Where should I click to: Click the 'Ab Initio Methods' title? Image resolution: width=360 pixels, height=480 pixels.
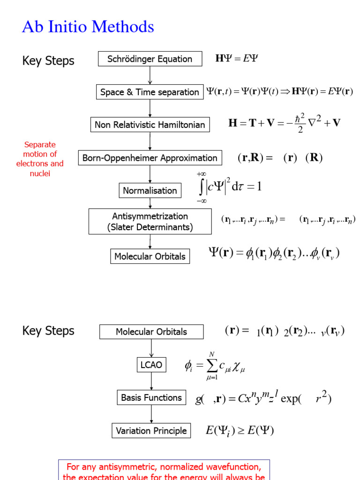88,27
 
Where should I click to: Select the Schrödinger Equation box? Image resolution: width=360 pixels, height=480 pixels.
150,59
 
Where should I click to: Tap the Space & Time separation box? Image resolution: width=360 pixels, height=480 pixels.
150,92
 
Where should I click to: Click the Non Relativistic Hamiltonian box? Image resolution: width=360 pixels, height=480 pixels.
150,125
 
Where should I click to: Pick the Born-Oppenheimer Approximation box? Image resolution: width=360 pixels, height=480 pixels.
150,158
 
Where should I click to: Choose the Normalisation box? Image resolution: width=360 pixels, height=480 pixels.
150,191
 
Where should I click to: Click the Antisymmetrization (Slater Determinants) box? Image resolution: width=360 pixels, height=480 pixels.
150,222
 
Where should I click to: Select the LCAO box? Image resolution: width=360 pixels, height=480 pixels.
151,365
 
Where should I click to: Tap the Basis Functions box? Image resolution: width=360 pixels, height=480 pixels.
151,397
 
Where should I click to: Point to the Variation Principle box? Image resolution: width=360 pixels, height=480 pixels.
151,431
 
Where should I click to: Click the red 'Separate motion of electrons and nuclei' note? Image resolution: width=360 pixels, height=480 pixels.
40,159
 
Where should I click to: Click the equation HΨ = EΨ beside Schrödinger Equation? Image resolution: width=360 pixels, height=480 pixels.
237,59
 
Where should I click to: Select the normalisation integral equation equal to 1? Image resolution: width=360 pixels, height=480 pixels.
229,187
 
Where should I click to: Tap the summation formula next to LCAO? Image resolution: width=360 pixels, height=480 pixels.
215,366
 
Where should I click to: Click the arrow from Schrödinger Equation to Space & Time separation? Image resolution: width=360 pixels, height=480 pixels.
150,75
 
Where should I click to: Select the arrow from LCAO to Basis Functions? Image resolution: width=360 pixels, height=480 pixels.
151,381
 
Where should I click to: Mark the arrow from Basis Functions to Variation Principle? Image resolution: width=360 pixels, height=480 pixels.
151,414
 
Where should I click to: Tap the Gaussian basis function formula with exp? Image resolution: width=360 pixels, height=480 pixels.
263,398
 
